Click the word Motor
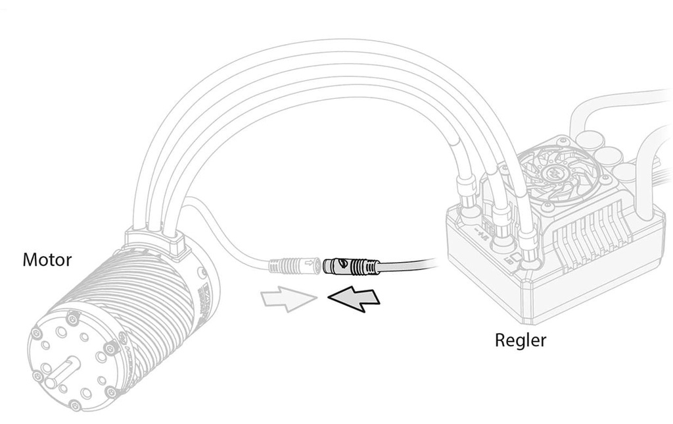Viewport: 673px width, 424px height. pyautogui.click(x=47, y=259)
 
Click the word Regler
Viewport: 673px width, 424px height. pyautogui.click(x=521, y=340)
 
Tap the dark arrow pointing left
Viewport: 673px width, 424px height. pyautogui.click(x=354, y=298)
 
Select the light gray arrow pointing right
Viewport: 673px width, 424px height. pyautogui.click(x=289, y=298)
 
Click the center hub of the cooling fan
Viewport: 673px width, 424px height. pyautogui.click(x=553, y=173)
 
